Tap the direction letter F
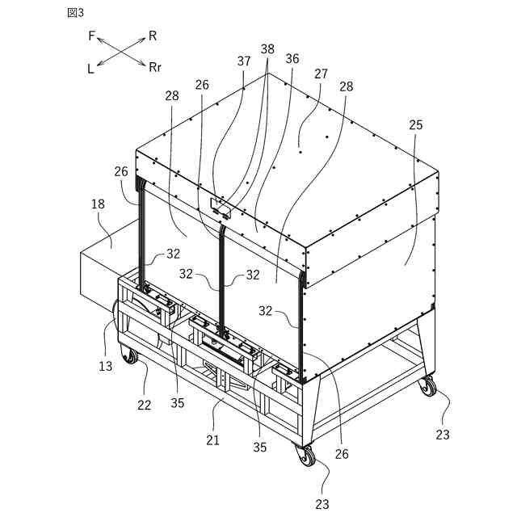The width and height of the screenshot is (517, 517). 91,36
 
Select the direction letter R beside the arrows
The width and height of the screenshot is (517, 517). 153,36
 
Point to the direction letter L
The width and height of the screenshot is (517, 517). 90,69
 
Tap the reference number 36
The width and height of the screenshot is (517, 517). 292,59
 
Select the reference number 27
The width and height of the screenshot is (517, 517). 321,74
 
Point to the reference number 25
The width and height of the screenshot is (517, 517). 416,125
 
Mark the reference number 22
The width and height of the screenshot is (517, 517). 144,406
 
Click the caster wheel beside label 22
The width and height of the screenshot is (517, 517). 129,355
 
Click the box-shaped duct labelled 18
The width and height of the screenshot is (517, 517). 101,271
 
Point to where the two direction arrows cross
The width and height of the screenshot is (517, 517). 121,52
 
